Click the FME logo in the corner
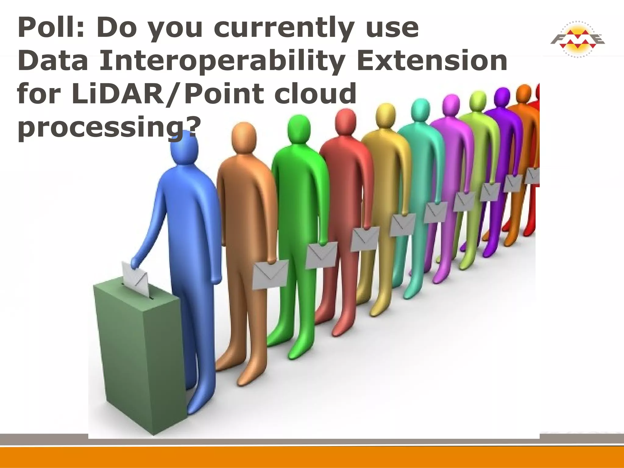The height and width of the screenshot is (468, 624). (577, 39)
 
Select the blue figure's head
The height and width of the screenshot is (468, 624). (184, 149)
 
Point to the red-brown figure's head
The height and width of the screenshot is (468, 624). (345, 120)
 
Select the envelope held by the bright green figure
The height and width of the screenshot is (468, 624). (321, 255)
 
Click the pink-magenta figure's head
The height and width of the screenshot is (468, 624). (451, 105)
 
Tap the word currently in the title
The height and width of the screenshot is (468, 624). (283, 28)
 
